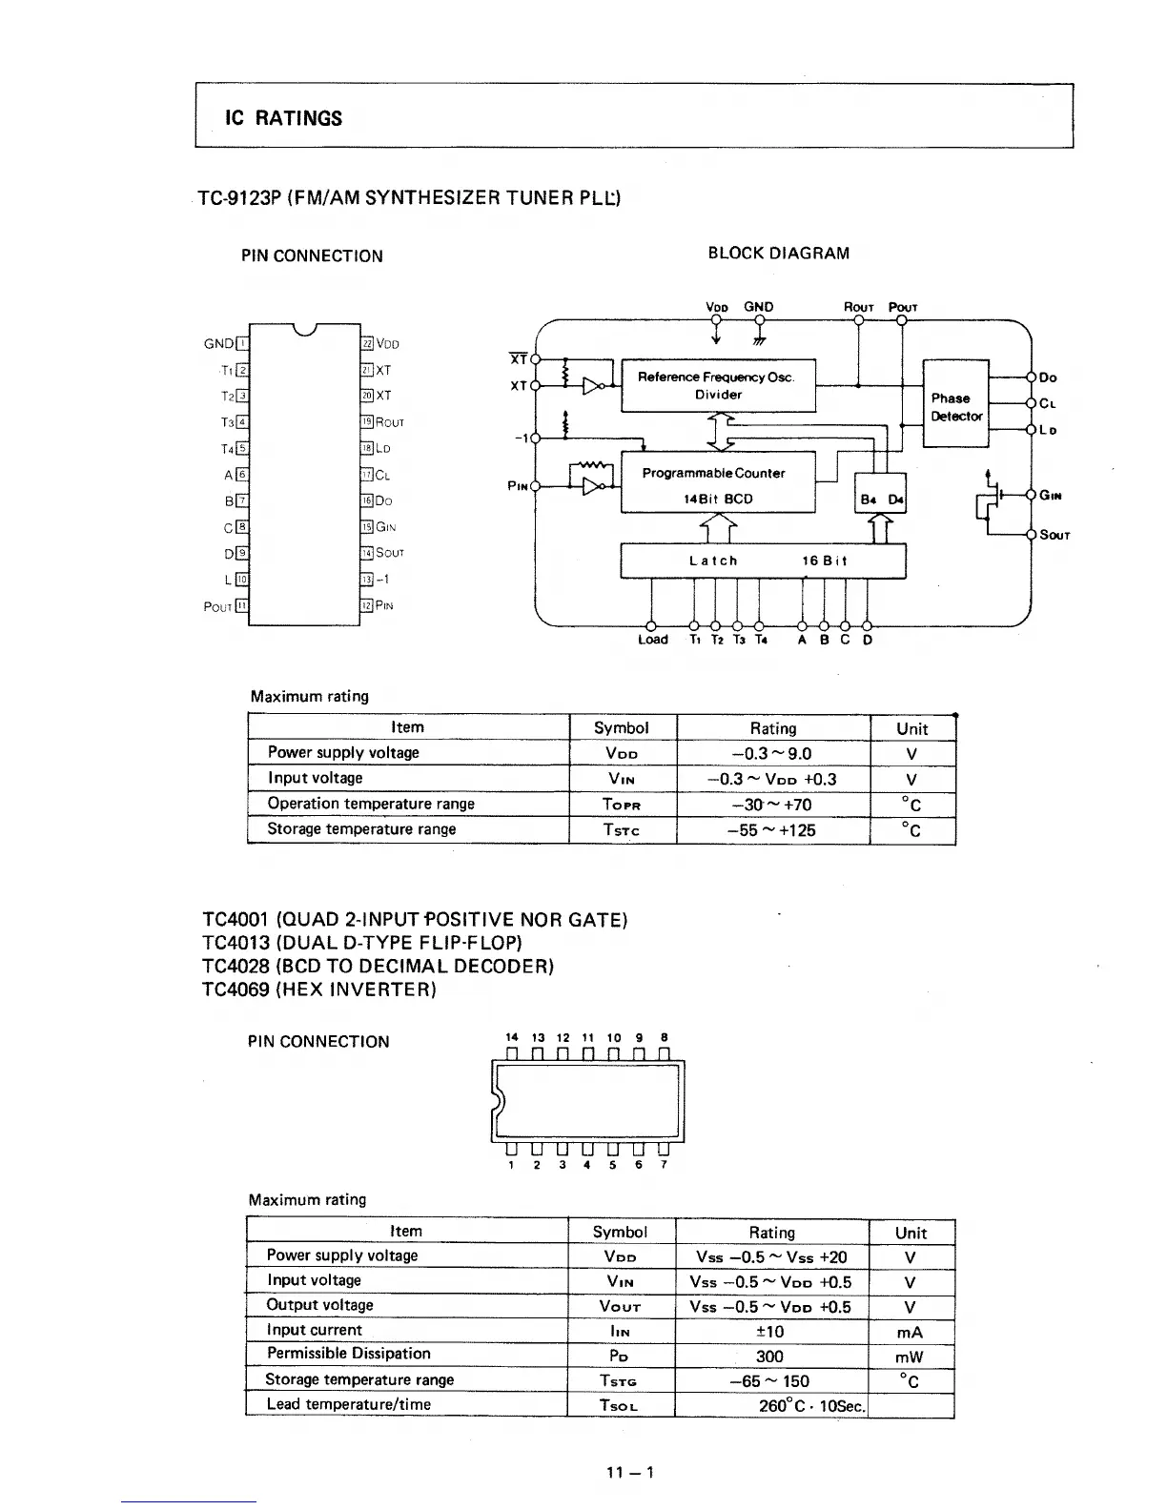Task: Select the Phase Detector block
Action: [955, 407]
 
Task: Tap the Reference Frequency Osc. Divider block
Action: [717, 385]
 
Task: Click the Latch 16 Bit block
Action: [763, 561]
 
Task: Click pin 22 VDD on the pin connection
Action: [380, 345]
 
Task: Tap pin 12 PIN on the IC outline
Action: [378, 605]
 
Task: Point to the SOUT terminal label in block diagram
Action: [1054, 535]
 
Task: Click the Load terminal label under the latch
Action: [652, 640]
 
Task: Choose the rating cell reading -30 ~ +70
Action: [772, 805]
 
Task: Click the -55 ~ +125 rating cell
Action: [772, 830]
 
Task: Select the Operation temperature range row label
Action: [371, 804]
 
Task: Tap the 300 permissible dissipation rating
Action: [769, 1357]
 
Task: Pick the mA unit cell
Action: [911, 1332]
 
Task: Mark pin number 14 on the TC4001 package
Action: [512, 1037]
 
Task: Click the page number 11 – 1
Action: [630, 1472]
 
